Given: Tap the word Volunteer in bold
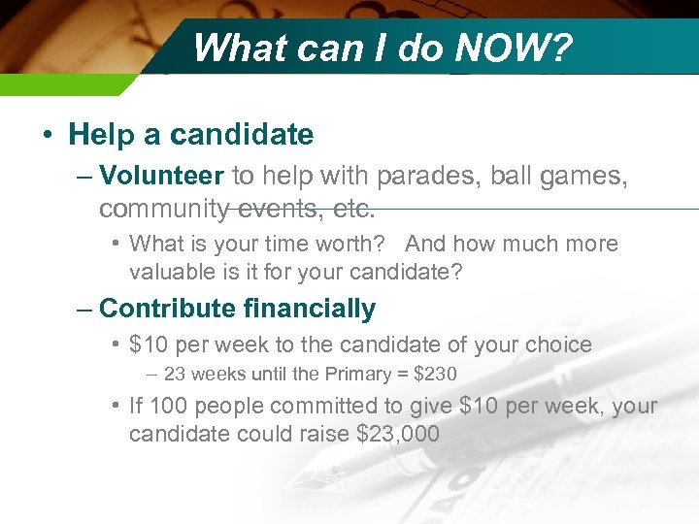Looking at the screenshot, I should pyautogui.click(x=162, y=176).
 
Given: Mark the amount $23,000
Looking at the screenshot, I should pyautogui.click(x=399, y=434).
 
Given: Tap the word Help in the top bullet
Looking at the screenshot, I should pyautogui.click(x=100, y=134).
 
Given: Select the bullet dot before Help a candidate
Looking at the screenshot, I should pyautogui.click(x=48, y=134).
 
